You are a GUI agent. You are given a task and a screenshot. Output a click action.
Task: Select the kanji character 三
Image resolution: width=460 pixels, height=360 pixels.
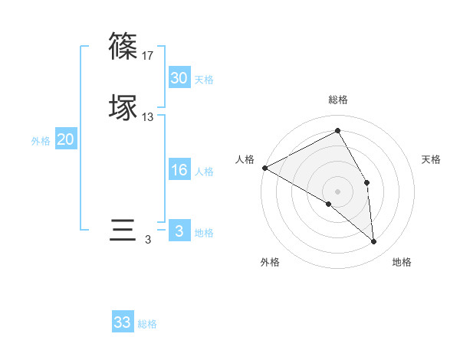123,230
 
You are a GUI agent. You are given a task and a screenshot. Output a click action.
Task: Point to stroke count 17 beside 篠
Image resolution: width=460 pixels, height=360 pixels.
148,56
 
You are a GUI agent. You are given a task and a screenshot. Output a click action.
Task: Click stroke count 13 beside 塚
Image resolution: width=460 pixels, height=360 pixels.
148,117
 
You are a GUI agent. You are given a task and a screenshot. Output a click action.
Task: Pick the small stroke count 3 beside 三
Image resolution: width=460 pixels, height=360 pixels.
148,241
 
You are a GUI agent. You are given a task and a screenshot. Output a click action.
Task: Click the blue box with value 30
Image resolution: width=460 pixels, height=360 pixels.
179,78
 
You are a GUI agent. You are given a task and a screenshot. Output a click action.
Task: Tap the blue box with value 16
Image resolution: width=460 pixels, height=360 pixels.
179,170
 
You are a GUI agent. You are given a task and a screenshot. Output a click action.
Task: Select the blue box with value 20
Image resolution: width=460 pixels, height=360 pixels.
66,139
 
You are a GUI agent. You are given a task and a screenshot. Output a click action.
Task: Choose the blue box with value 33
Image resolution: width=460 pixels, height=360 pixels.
123,322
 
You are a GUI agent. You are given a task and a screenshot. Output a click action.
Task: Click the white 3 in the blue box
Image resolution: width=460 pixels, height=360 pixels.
179,231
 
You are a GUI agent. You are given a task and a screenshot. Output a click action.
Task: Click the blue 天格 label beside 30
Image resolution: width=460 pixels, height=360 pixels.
204,80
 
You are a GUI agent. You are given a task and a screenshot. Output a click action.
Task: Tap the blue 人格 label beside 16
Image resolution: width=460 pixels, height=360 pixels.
204,172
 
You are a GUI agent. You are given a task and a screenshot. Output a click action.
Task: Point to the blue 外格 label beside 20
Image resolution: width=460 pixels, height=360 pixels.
41,141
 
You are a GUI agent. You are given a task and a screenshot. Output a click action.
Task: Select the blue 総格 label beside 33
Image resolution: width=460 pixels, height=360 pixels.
147,324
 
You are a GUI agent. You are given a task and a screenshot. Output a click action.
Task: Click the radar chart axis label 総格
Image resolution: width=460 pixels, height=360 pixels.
338,100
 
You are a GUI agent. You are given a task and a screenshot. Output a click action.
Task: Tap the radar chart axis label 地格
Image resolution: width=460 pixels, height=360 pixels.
402,262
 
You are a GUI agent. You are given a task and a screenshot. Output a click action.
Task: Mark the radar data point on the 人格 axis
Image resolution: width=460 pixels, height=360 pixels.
264,168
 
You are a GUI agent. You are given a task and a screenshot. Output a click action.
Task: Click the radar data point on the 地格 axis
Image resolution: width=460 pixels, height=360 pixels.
373,241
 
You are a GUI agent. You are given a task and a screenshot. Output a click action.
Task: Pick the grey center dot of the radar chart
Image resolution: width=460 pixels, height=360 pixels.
338,191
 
